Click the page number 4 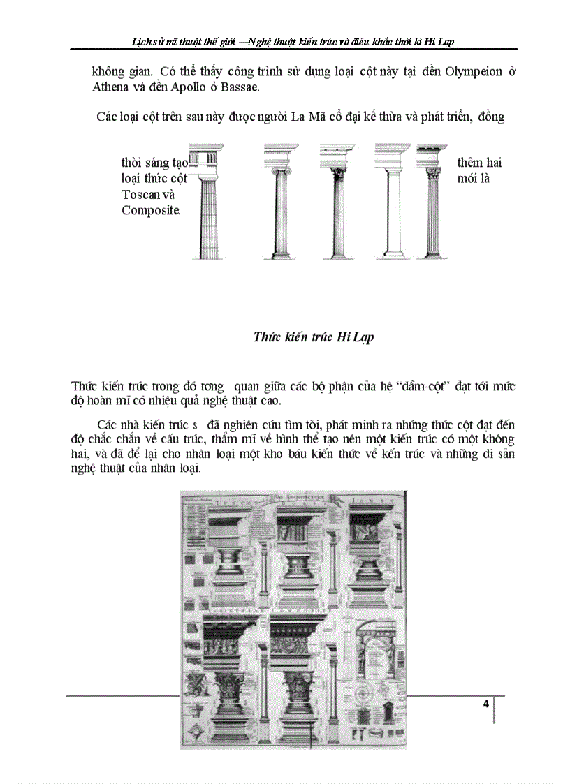click(485, 704)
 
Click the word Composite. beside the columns click(151, 210)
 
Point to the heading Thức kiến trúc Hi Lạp click(313, 337)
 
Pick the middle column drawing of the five click(339, 202)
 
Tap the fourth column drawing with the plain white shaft click(390, 202)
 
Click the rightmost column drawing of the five click(432, 202)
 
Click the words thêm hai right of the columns click(479, 163)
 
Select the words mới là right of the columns click(475, 178)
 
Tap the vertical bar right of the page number click(495, 709)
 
